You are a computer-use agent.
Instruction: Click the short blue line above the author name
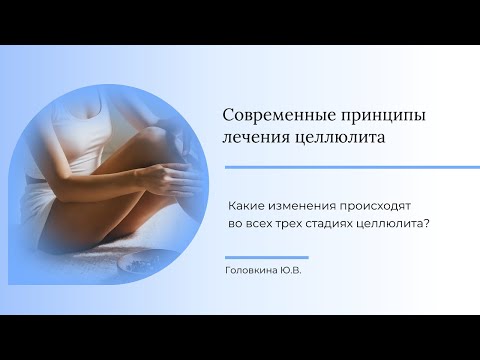pos(267,257)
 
